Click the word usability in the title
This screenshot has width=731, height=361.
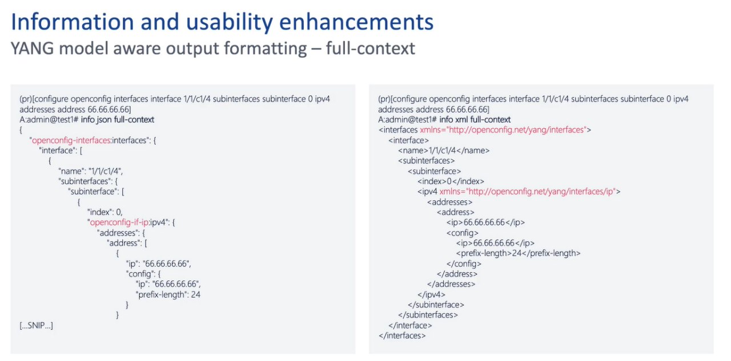point(230,22)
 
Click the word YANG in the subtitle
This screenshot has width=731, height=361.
point(32,48)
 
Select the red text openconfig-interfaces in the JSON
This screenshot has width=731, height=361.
point(71,140)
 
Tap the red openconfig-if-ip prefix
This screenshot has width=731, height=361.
point(119,222)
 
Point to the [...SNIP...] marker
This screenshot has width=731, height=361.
point(36,326)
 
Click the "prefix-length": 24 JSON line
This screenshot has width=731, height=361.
point(168,294)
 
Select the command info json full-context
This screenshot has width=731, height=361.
point(118,120)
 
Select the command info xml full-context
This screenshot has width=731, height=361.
point(475,120)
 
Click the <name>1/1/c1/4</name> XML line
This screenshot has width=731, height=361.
point(444,151)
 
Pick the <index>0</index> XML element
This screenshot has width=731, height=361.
point(451,181)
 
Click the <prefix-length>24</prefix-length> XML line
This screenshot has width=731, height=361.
point(518,253)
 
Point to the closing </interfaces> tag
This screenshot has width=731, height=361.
point(402,335)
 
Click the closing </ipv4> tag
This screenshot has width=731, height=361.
point(431,294)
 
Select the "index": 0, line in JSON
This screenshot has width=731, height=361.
point(105,212)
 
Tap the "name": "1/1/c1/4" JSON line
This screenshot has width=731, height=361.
point(91,171)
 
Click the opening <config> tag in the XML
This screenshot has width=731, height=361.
point(463,233)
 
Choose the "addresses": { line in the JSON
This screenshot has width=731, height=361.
point(121,233)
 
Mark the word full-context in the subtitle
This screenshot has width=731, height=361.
point(371,48)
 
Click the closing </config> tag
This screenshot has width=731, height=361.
point(464,263)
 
